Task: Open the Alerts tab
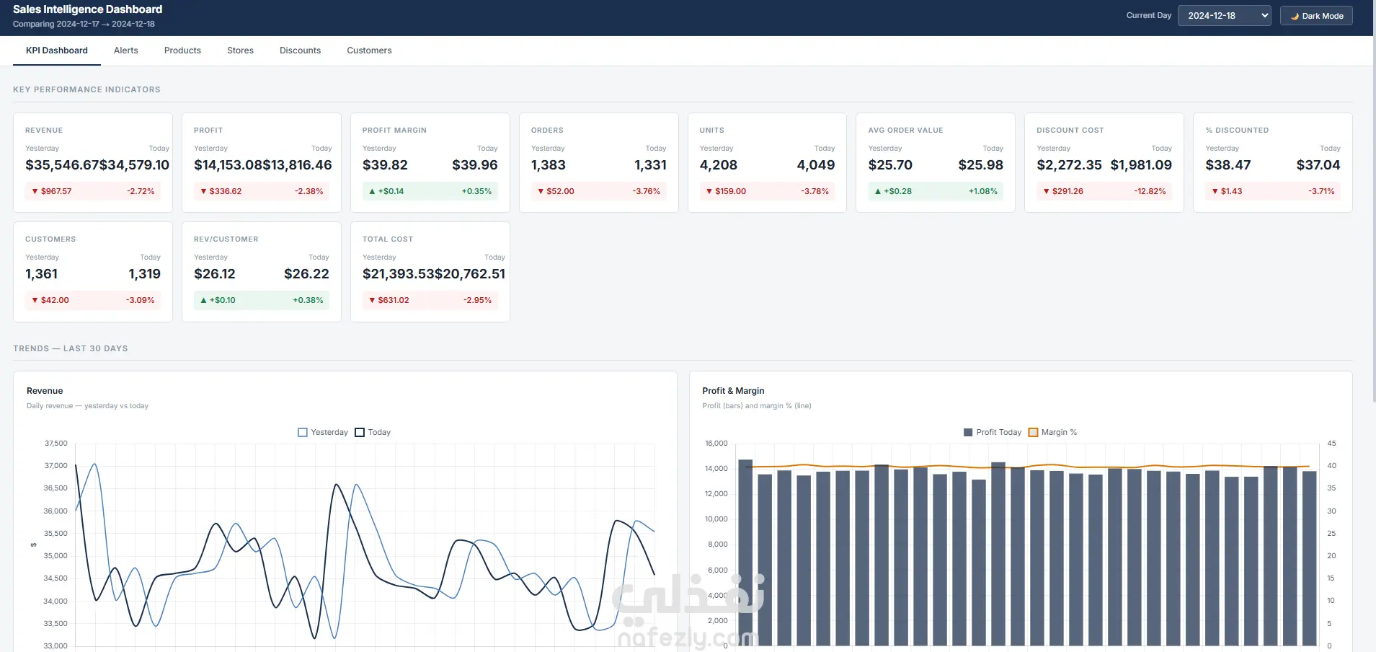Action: tap(125, 50)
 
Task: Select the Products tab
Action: tap(182, 50)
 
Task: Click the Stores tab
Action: tap(240, 50)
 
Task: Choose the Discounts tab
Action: tap(300, 50)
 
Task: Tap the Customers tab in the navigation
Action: tap(369, 50)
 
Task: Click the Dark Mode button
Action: tap(1316, 16)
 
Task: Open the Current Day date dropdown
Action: tap(1224, 16)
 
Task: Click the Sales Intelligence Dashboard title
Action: tap(87, 9)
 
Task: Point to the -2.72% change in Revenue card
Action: tap(141, 191)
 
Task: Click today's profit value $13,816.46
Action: tap(297, 165)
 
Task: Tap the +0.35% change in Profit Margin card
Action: tap(476, 191)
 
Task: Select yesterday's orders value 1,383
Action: tap(549, 165)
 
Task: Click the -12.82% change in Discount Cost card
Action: tap(1150, 191)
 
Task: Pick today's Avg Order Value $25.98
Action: tap(980, 165)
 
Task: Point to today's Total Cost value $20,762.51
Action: tap(470, 274)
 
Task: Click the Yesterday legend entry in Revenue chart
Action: tap(323, 432)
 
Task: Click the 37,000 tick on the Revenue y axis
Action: tap(56, 466)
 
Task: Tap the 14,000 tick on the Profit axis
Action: tap(716, 469)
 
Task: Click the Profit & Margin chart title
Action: tap(733, 391)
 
